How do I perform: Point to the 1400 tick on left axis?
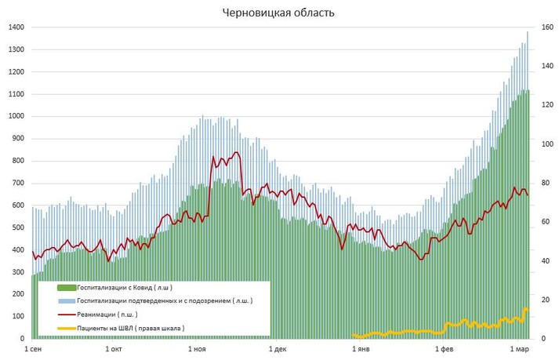coord(16,27)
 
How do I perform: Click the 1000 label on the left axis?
coord(16,116)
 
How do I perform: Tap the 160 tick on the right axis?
coord(546,27)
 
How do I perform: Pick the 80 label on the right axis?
coord(545,183)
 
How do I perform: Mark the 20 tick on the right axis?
coord(545,300)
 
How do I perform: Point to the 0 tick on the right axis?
coord(543,339)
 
